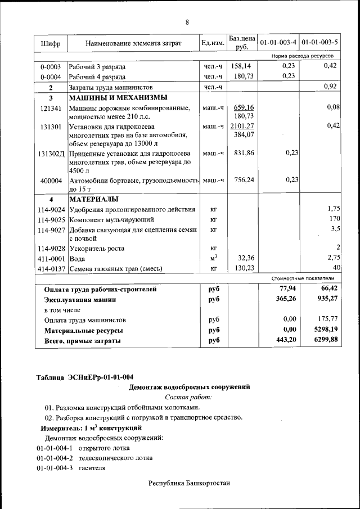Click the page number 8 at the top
[187, 22]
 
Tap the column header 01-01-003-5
[319, 43]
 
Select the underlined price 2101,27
[242, 126]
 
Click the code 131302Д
[52, 154]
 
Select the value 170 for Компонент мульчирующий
[335, 219]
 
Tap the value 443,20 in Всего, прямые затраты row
[283, 340]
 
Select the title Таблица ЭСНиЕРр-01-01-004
[85, 377]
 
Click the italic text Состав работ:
[188, 397]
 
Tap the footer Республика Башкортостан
[190, 483]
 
